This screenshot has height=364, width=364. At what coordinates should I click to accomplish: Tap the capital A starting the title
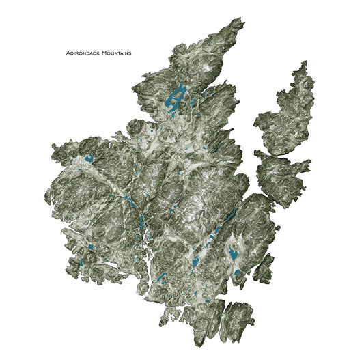68,52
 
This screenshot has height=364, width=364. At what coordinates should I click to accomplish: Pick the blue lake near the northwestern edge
88,159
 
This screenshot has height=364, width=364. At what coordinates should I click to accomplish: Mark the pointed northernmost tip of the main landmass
240,21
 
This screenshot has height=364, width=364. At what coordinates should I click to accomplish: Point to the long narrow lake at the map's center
141,220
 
